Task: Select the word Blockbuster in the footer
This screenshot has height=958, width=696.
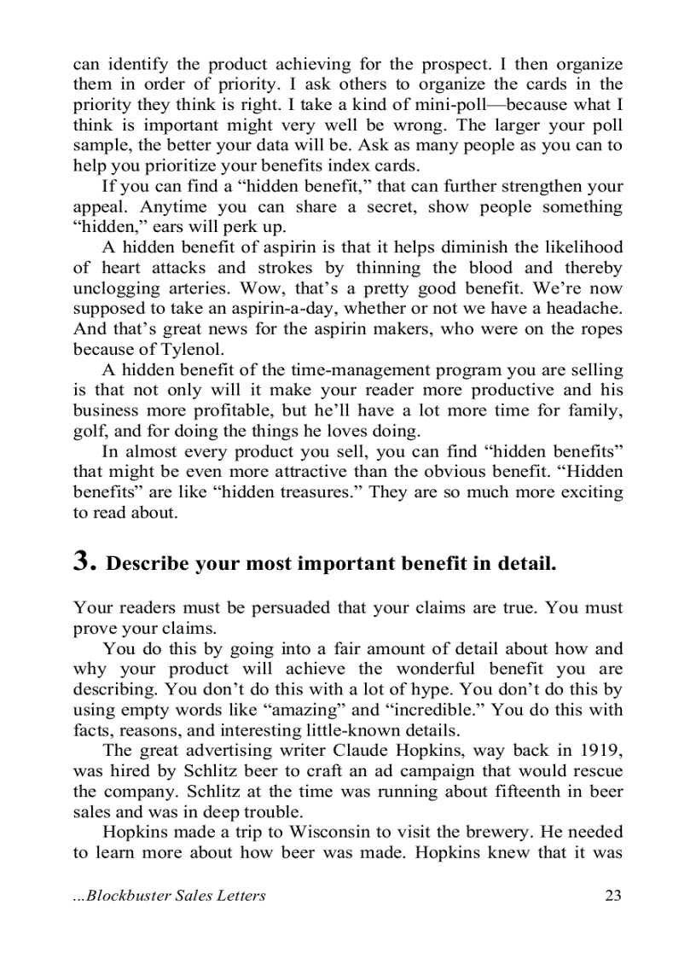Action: pos(132,895)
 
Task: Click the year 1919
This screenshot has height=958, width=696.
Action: pos(601,750)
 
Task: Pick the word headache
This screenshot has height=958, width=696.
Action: pos(584,308)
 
